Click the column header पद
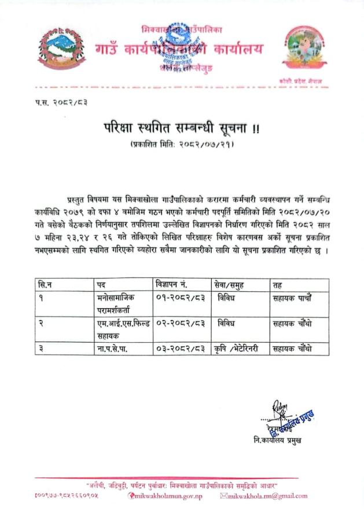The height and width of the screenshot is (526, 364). pos(102,285)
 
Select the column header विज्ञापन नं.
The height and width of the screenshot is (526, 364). pos(175,285)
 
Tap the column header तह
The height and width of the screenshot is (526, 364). pos(277,285)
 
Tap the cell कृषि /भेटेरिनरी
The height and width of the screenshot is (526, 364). pos(238,349)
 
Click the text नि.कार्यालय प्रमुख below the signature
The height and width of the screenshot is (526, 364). pos(277,440)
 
